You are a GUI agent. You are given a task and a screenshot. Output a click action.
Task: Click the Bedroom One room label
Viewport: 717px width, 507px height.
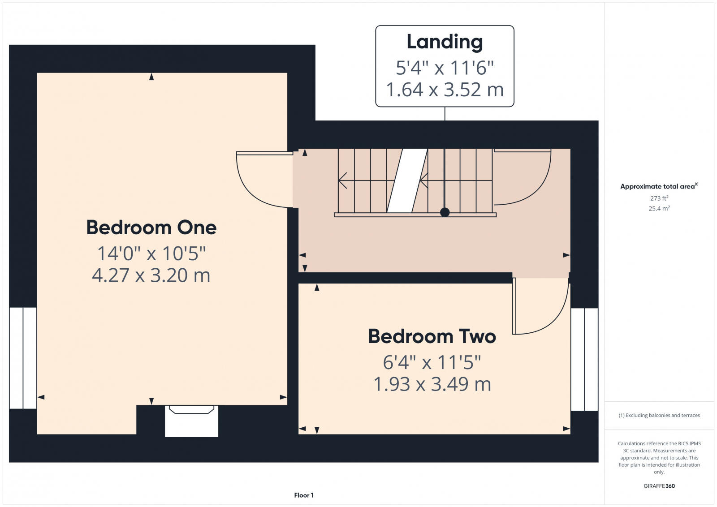point(151,228)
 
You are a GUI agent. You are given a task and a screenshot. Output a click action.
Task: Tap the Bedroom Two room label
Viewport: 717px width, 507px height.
point(432,336)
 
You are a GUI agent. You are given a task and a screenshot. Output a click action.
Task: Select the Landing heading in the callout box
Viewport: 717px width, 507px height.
point(445,42)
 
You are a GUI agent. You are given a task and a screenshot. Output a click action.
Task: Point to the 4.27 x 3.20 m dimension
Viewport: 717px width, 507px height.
point(151,275)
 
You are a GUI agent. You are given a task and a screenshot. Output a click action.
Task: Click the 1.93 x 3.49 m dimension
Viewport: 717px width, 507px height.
point(432,384)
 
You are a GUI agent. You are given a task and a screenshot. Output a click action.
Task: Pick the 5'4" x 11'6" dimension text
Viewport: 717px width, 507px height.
point(445,68)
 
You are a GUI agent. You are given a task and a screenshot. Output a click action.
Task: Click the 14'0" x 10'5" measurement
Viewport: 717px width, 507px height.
point(151,253)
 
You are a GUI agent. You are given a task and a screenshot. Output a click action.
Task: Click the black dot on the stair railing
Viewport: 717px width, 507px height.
point(445,212)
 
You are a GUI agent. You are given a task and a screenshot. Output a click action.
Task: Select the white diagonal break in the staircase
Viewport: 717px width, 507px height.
point(407,180)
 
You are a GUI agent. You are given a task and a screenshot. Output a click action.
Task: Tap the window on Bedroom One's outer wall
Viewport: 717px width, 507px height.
point(23,358)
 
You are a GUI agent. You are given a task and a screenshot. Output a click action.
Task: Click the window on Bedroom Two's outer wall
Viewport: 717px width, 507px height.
point(584,359)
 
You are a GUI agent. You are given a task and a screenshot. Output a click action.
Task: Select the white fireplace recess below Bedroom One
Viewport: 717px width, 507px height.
point(191,421)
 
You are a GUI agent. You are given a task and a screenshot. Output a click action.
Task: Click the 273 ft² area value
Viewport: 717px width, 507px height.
point(659,198)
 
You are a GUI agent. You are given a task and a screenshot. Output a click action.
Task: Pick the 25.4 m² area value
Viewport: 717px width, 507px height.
point(659,208)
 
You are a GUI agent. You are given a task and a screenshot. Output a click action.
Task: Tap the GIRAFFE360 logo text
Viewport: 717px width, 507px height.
point(659,486)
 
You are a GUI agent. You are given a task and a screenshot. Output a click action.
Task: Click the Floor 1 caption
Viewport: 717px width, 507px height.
point(304,495)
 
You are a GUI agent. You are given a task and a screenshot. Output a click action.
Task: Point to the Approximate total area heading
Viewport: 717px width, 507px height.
point(659,186)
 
